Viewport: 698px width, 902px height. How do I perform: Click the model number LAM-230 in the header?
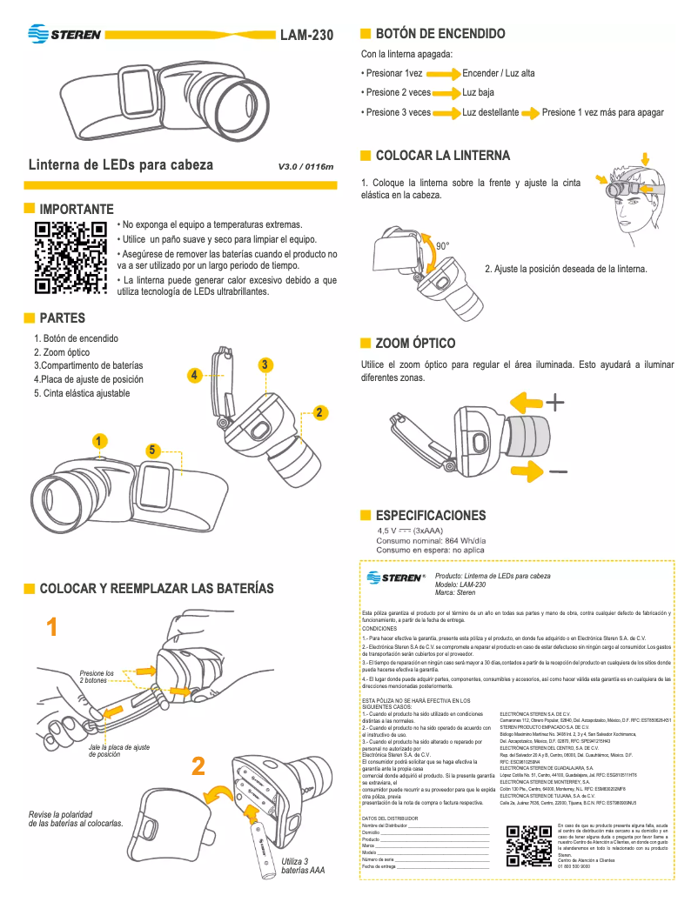coord(306,36)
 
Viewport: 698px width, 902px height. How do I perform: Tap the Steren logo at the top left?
coord(64,35)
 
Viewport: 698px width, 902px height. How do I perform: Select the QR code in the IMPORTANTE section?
coord(70,257)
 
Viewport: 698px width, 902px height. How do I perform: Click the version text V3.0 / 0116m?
coord(305,166)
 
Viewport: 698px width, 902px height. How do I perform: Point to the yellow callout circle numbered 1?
coord(101,441)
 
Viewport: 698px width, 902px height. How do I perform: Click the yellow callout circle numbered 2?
coord(319,411)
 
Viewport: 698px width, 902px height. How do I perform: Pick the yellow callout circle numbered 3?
coord(265,364)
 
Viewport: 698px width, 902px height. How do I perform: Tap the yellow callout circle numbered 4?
coord(196,375)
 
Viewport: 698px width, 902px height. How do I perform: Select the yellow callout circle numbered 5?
coord(152,450)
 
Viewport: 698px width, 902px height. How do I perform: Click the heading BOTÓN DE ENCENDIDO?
coord(440,34)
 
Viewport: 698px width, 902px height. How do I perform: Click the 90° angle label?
coord(442,246)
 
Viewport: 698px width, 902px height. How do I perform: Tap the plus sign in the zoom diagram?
coord(555,403)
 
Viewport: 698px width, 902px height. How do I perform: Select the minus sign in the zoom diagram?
coord(558,471)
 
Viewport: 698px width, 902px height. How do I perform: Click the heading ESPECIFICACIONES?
coord(430,516)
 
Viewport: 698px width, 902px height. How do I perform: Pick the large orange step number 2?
coord(198,766)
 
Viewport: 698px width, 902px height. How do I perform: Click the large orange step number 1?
coord(53,627)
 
